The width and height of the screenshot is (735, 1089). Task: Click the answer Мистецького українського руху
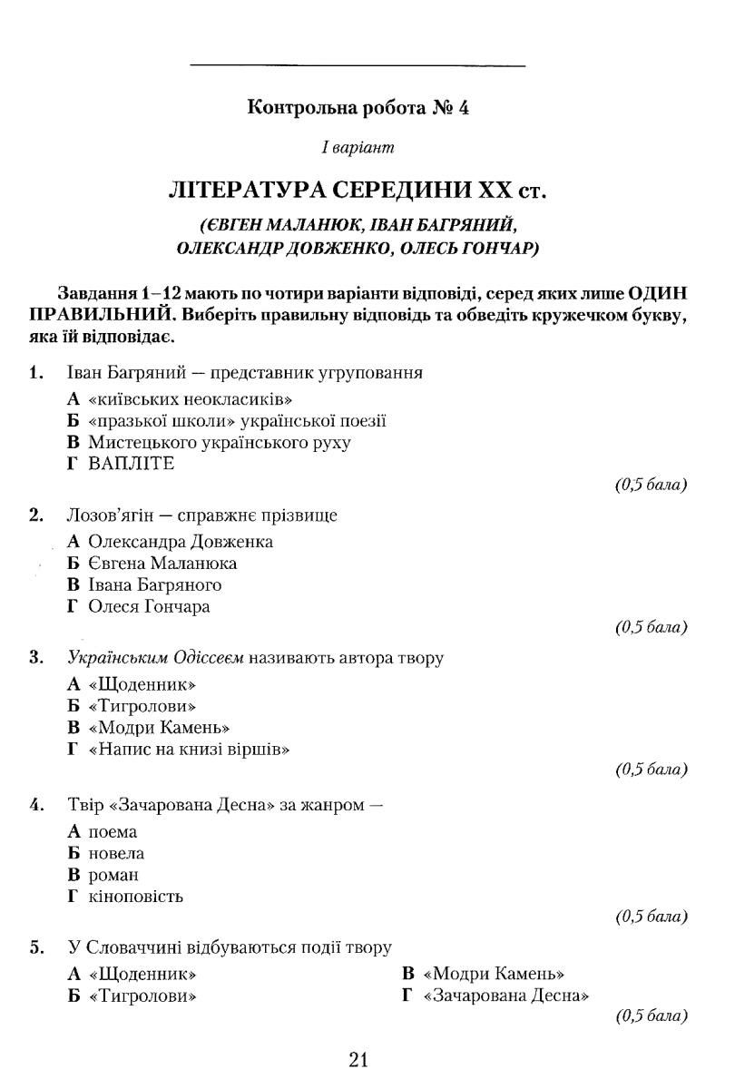tap(220, 442)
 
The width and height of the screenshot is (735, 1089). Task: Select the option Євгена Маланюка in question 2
tap(162, 564)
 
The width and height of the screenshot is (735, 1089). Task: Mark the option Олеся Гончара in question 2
tap(150, 607)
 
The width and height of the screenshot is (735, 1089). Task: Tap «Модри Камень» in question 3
tap(159, 728)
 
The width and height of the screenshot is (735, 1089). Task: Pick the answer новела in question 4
tap(116, 854)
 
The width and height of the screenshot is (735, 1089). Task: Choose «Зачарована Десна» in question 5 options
tap(506, 996)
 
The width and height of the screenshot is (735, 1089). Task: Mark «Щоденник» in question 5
tap(143, 974)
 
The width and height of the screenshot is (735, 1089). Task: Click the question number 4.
tap(36, 804)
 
